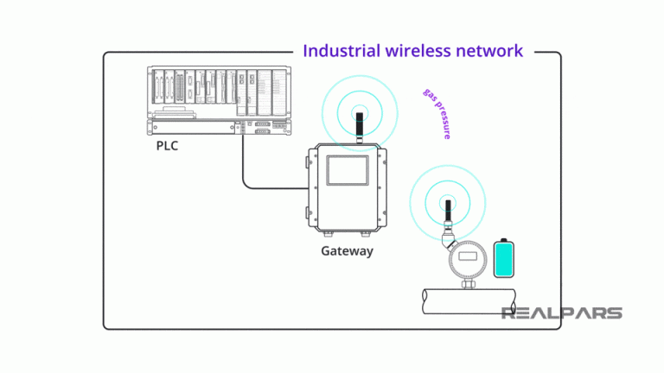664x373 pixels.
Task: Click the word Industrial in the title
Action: pyautogui.click(x=342, y=51)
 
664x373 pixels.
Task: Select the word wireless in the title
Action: pyautogui.click(x=418, y=51)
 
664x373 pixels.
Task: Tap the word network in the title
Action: pyautogui.click(x=490, y=51)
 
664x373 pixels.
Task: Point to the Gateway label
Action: pyautogui.click(x=347, y=251)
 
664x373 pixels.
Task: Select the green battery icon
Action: pyautogui.click(x=504, y=260)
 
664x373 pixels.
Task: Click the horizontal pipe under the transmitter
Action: pyautogui.click(x=467, y=300)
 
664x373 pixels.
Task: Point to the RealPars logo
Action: pyautogui.click(x=561, y=313)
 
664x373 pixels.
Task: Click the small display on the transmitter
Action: pyautogui.click(x=468, y=256)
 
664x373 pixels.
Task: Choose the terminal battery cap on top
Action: pyautogui.click(x=504, y=239)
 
